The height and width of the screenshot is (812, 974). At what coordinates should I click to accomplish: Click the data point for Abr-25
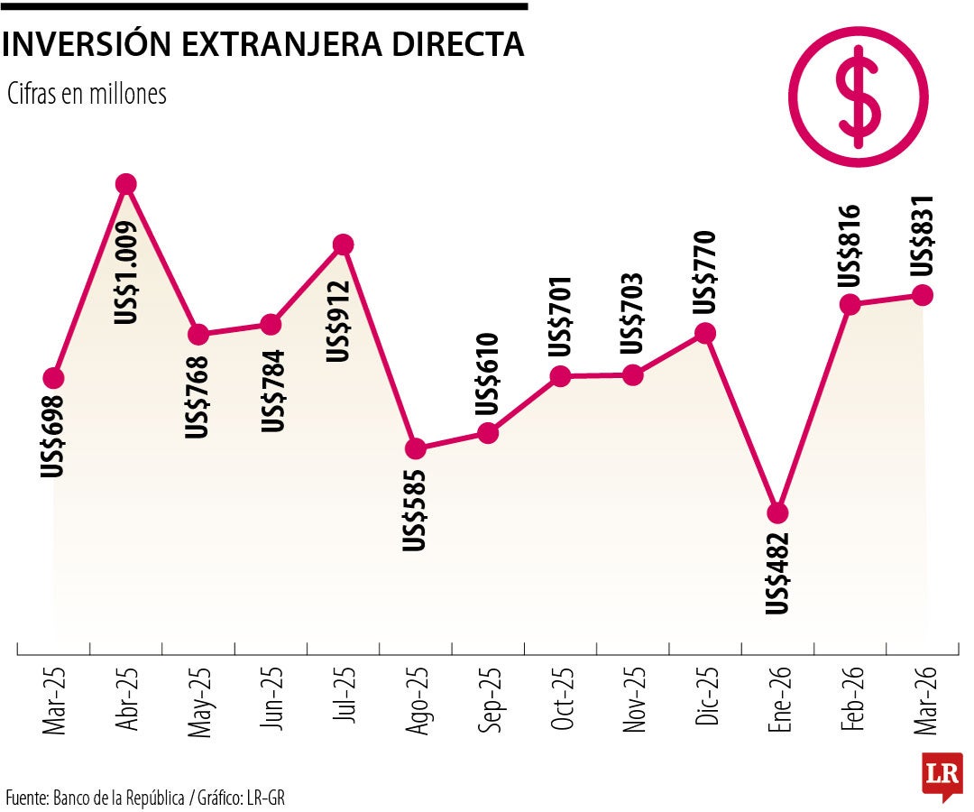click(x=126, y=184)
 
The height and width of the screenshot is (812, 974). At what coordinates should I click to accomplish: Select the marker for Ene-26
click(x=777, y=512)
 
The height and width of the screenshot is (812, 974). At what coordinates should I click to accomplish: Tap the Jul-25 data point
click(x=343, y=245)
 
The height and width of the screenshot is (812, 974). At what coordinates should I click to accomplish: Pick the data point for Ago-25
click(x=415, y=448)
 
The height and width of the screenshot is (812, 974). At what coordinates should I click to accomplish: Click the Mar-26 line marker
click(x=922, y=295)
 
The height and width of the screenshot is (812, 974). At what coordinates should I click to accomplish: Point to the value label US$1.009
click(x=127, y=272)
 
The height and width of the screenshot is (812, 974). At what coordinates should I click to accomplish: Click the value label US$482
click(x=777, y=573)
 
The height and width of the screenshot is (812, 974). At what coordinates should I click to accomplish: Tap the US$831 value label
click(x=923, y=236)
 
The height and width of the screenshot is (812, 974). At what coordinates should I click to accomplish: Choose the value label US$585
click(x=416, y=509)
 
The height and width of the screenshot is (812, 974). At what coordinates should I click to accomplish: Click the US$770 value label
click(x=705, y=272)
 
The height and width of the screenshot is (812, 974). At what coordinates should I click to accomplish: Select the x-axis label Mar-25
click(x=55, y=702)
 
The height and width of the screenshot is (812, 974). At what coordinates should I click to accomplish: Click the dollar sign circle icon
click(x=858, y=97)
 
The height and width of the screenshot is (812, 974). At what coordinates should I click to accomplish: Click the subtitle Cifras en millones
click(x=87, y=94)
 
